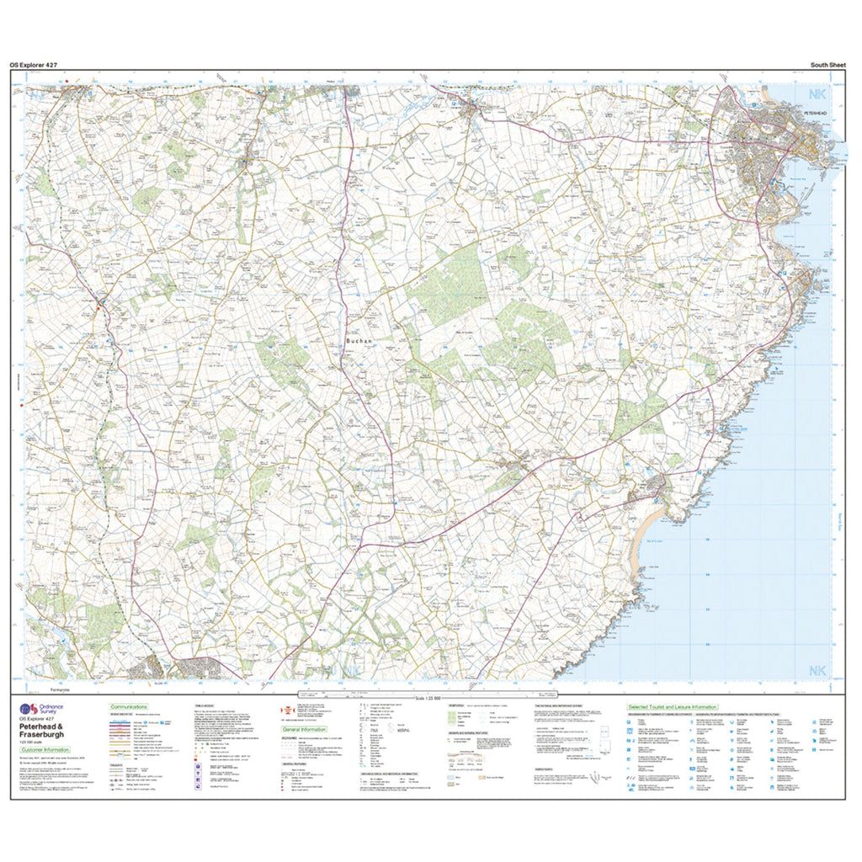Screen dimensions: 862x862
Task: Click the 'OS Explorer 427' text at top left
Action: pyautogui.click(x=34, y=65)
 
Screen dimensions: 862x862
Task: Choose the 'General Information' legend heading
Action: pyautogui.click(x=304, y=729)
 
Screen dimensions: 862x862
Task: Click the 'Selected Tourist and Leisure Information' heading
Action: pyautogui.click(x=672, y=707)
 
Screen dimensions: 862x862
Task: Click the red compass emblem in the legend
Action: pyautogui.click(x=287, y=709)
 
